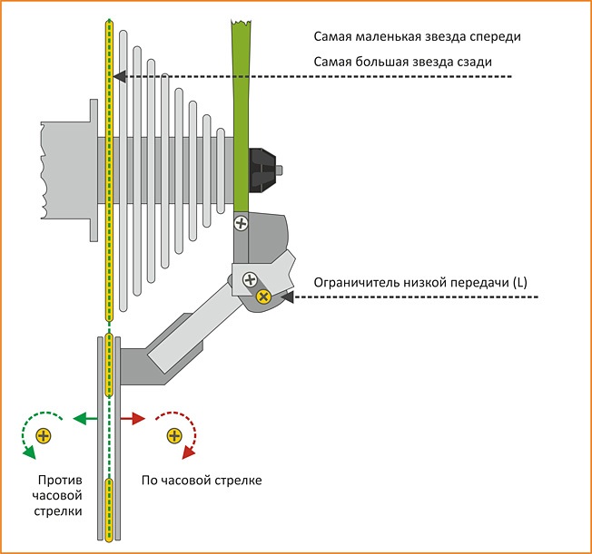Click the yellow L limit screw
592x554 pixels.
tap(263, 296)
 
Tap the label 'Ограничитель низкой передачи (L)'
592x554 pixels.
tap(419, 283)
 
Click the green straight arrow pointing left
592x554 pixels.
tap(84, 419)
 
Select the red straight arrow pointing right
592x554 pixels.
tap(133, 419)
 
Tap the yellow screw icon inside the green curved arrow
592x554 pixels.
tap(43, 437)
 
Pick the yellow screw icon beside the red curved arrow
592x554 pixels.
tap(173, 437)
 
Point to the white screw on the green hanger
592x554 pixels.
tap(242, 221)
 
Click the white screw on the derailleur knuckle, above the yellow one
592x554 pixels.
tap(249, 281)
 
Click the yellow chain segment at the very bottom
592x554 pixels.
tap(109, 512)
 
